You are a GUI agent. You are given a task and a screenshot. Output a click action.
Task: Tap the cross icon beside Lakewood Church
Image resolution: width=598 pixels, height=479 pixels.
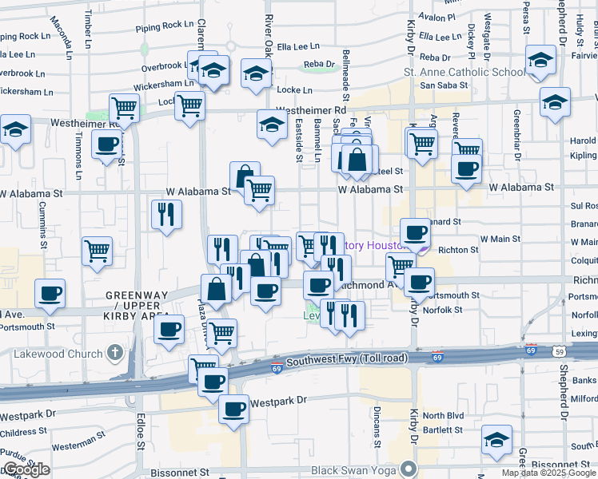115,353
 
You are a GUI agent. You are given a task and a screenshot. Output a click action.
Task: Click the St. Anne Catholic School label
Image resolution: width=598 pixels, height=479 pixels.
463,73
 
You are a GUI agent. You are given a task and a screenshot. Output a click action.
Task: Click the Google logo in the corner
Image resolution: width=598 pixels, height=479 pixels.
26,469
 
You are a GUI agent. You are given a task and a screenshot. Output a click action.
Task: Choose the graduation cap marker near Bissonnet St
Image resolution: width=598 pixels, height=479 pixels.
496,440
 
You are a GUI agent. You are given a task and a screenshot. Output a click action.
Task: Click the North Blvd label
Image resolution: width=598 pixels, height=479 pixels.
443,415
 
